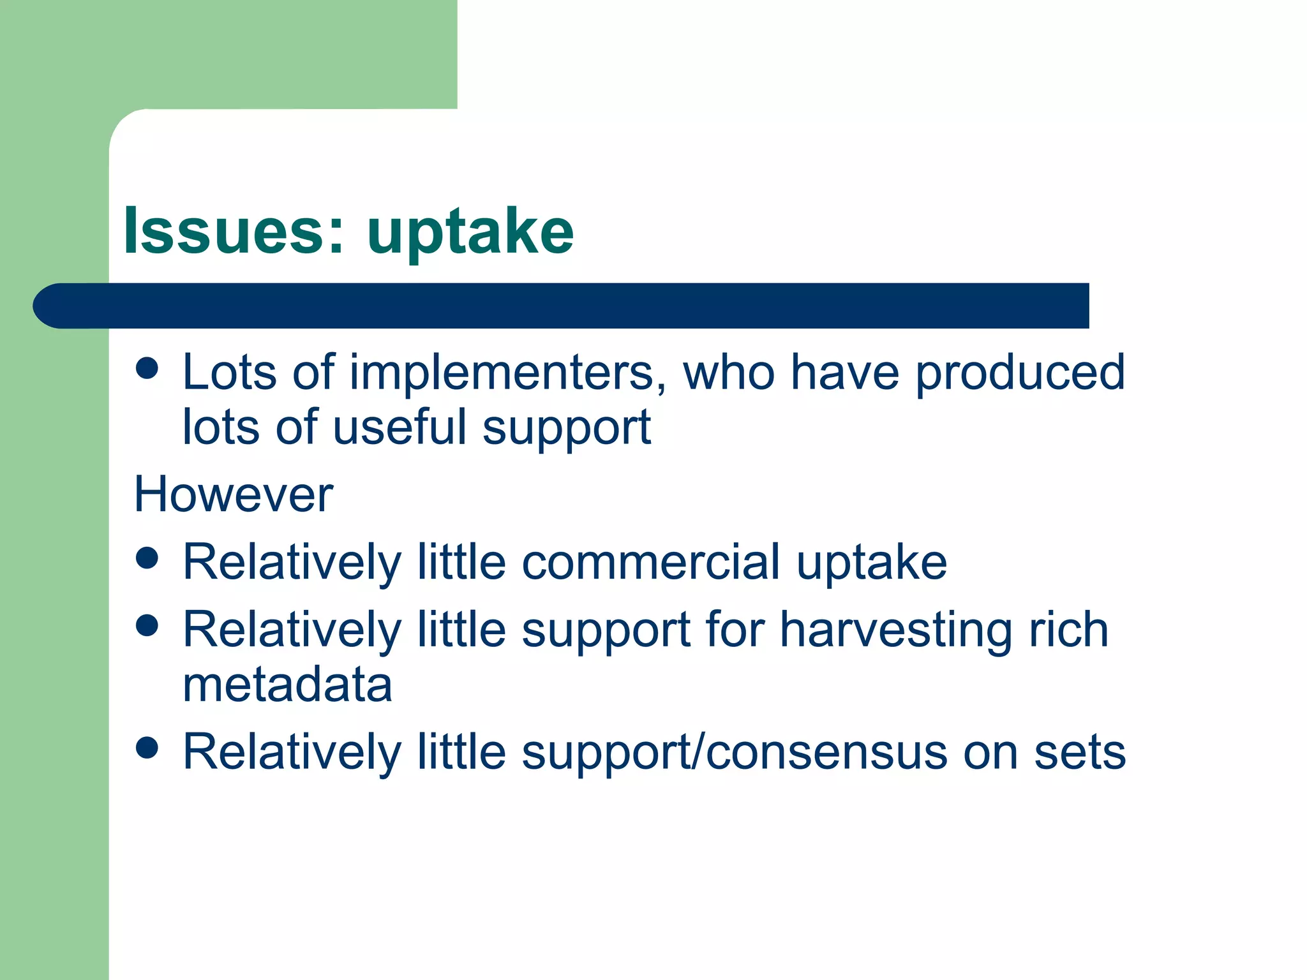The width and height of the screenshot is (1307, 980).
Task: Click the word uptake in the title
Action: tap(470, 233)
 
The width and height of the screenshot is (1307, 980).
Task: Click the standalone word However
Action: tap(234, 495)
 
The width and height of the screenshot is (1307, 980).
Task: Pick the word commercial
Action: tap(651, 563)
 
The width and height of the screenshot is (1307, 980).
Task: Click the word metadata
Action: tap(287, 685)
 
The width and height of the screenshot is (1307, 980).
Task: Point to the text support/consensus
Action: tap(734, 753)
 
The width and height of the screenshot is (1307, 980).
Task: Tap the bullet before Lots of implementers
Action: tap(147, 368)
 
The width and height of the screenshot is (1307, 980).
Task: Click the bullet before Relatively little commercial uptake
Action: tap(147, 558)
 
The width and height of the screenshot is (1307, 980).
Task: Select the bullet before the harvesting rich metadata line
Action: tap(147, 626)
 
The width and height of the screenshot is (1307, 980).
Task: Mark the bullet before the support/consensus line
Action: tap(147, 748)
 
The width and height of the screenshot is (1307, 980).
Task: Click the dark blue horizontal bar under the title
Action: tap(562, 306)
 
